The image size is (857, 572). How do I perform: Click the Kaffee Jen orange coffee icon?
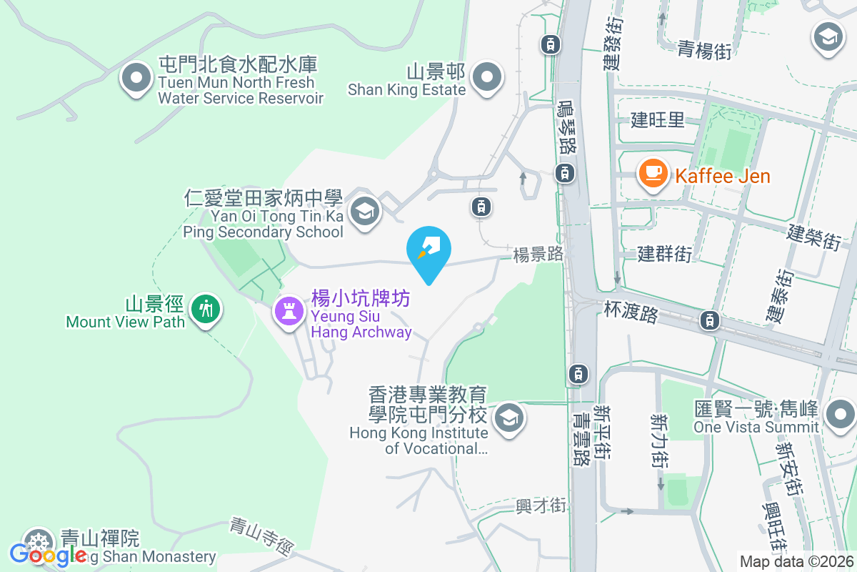(653, 174)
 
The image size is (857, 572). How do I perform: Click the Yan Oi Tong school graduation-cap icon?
(366, 212)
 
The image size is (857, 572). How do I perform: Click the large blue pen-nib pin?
(428, 250)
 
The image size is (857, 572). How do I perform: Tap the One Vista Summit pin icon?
(838, 414)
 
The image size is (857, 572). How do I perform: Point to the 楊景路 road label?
(538, 255)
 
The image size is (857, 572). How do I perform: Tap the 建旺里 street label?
(658, 119)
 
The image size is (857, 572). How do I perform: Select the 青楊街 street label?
(704, 49)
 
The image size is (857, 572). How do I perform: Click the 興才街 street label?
(541, 506)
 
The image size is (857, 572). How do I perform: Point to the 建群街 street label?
(665, 252)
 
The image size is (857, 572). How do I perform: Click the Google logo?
(49, 554)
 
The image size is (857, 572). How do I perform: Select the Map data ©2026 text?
(796, 561)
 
